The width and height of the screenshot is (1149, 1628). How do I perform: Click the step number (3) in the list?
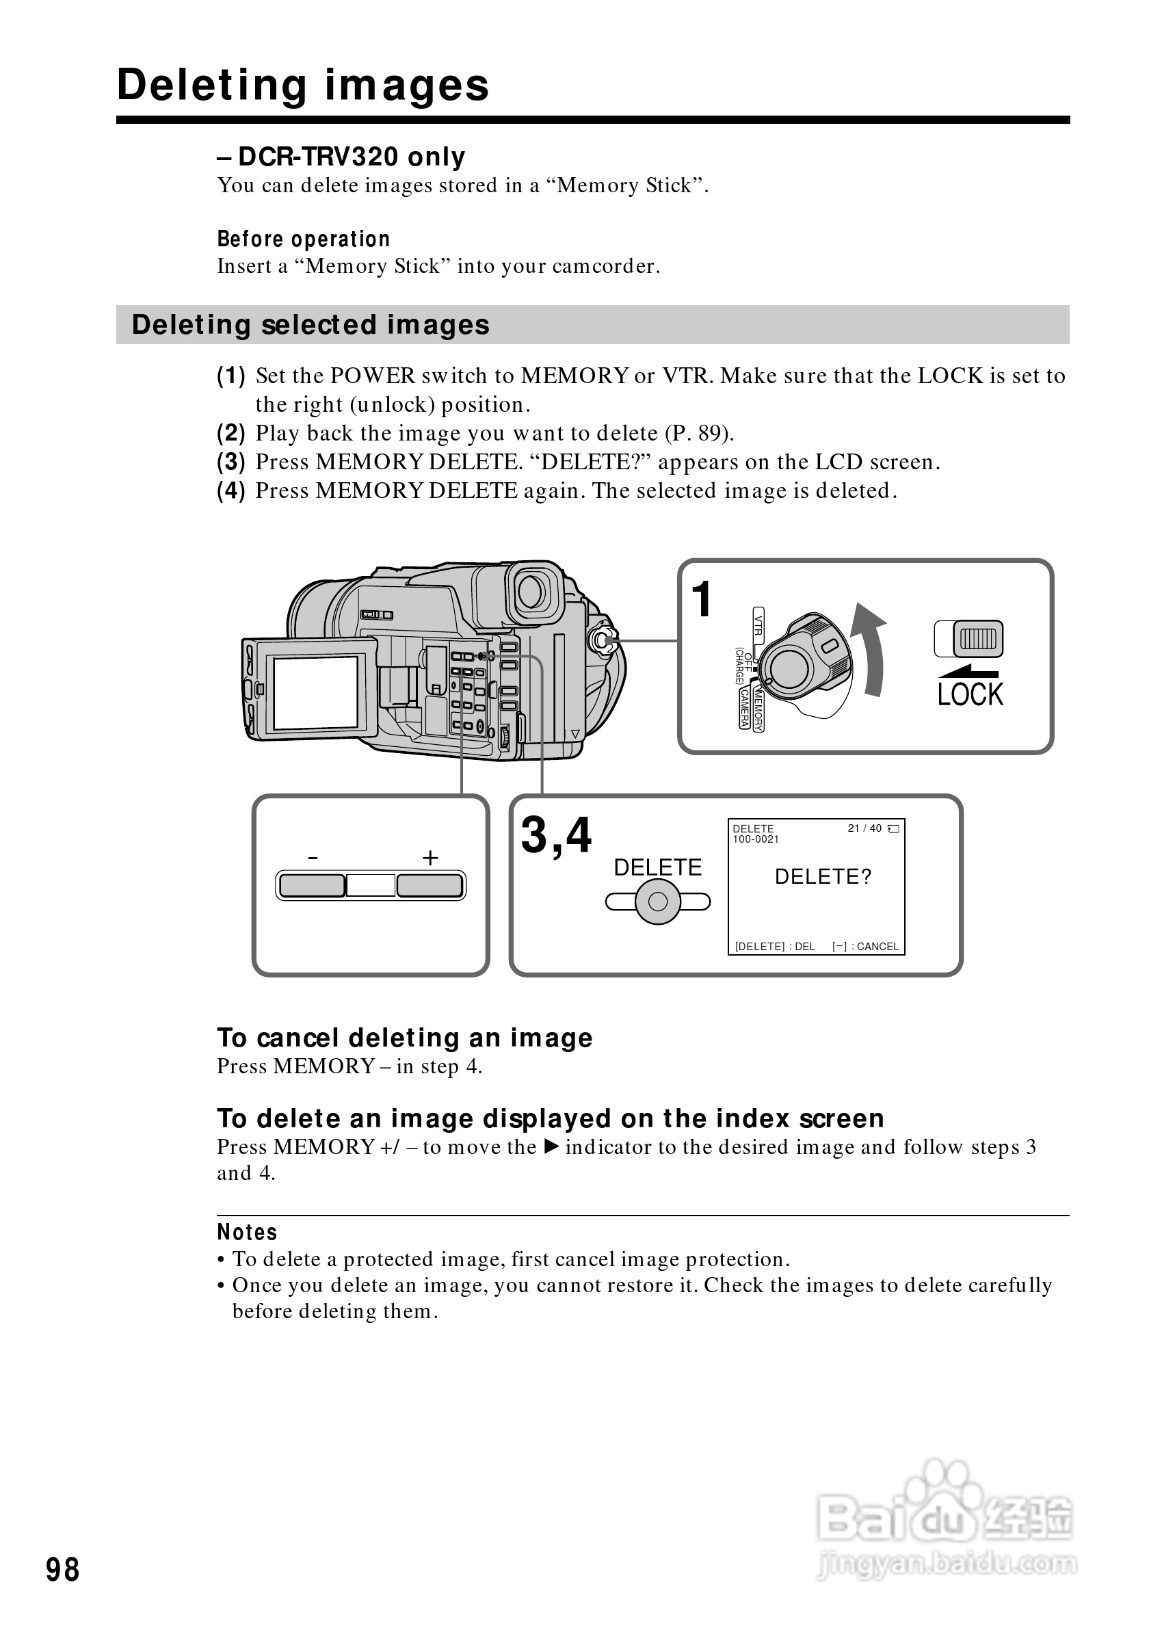[x=231, y=462]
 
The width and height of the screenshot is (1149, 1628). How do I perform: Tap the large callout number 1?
[x=702, y=599]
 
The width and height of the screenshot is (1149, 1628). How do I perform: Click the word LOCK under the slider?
[x=970, y=694]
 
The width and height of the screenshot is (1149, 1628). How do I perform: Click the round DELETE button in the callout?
[x=658, y=902]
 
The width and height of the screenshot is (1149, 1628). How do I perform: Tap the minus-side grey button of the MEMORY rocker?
[x=312, y=886]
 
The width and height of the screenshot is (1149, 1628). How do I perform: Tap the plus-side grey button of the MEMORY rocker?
[x=430, y=886]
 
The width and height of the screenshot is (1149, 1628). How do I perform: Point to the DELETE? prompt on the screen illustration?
[x=822, y=877]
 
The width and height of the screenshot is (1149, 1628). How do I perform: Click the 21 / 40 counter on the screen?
[x=864, y=828]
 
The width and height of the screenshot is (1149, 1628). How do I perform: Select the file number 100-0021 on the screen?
[x=756, y=839]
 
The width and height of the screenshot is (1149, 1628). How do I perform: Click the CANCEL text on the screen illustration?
[x=877, y=947]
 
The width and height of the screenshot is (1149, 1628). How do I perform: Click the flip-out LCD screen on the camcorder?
[x=315, y=693]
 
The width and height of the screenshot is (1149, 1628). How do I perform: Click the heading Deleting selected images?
[x=311, y=325]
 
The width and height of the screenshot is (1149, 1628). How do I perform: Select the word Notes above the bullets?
[x=247, y=1233]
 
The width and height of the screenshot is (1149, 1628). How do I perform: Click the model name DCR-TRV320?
[x=319, y=157]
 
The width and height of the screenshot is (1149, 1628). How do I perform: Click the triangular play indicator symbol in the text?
[x=551, y=1146]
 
